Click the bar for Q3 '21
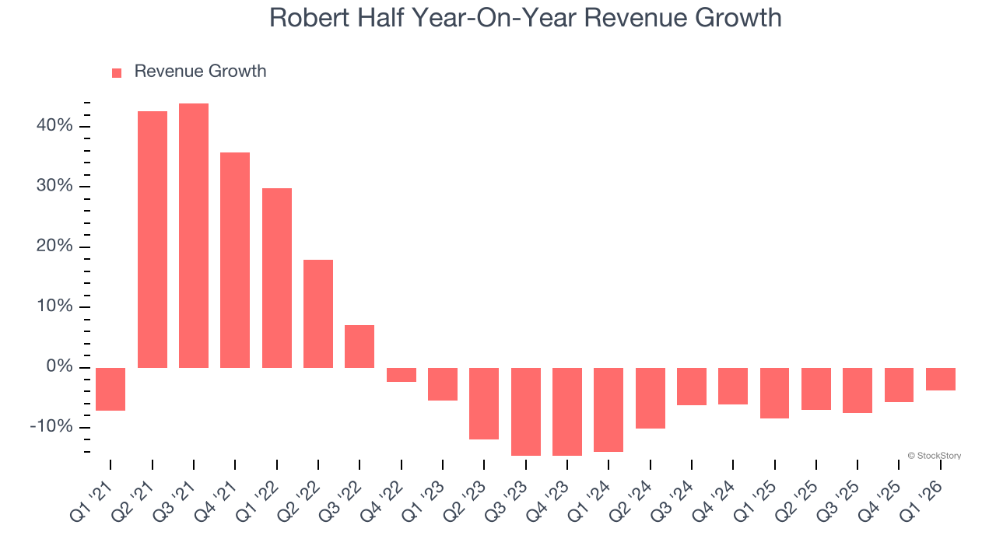(x=194, y=235)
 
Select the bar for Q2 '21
(x=153, y=239)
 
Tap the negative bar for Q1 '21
(x=110, y=389)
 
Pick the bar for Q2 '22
(x=318, y=313)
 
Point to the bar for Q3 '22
(x=359, y=346)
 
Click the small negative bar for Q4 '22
(x=402, y=375)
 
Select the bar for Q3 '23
(x=526, y=411)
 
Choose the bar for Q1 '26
(x=941, y=379)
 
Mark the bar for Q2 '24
(x=651, y=398)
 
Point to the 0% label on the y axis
(x=59, y=367)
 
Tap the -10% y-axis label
(x=51, y=427)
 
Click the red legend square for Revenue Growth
(x=117, y=72)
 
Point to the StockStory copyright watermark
(x=935, y=456)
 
